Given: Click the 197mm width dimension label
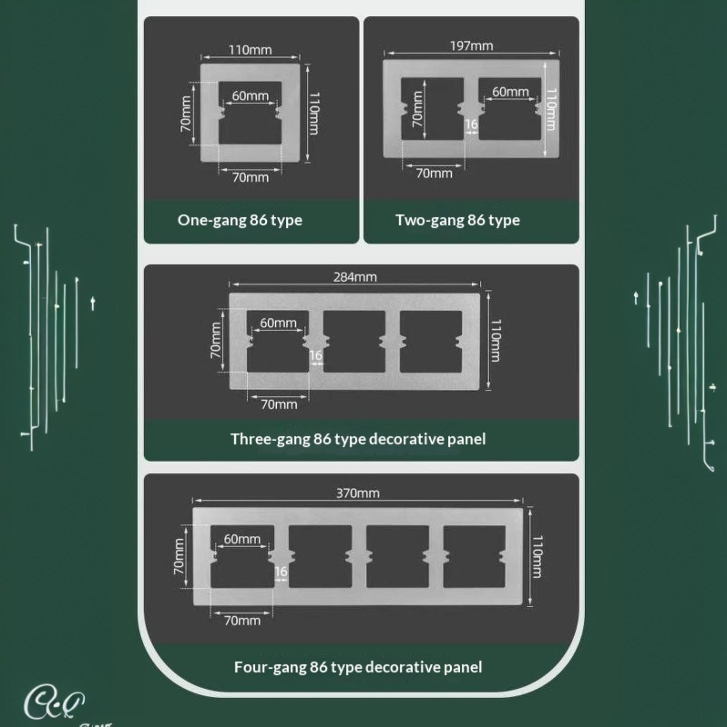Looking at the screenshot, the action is pos(471,46).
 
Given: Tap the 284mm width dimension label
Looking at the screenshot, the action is pos(355,277).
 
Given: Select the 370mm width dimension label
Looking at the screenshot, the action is pos(358,493).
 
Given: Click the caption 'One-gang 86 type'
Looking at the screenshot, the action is pos(240,220).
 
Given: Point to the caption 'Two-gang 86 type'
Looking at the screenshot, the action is pos(458,220).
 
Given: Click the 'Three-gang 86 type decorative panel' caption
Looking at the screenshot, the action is pos(358,439).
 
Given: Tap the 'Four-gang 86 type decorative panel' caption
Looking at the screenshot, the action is pos(358,667).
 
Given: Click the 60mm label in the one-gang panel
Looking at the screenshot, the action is pos(250,96).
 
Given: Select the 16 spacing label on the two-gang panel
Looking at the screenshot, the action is pos(471,124).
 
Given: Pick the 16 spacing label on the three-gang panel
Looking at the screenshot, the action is pos(316,355).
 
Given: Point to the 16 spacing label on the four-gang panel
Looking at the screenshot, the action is pos(281,571).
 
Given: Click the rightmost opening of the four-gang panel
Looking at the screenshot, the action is pos(474,557).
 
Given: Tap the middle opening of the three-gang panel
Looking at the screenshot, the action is pos(354,342).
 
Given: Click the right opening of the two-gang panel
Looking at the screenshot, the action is pos(510,109).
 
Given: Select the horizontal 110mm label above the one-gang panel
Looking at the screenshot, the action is pos(250,50).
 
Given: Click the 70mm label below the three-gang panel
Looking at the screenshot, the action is pos(279,404).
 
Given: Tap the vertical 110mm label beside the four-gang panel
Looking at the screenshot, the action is pos(537,557).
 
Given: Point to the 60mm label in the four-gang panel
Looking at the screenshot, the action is pos(242,539).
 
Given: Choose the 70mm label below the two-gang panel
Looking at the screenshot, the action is pos(434,173).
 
